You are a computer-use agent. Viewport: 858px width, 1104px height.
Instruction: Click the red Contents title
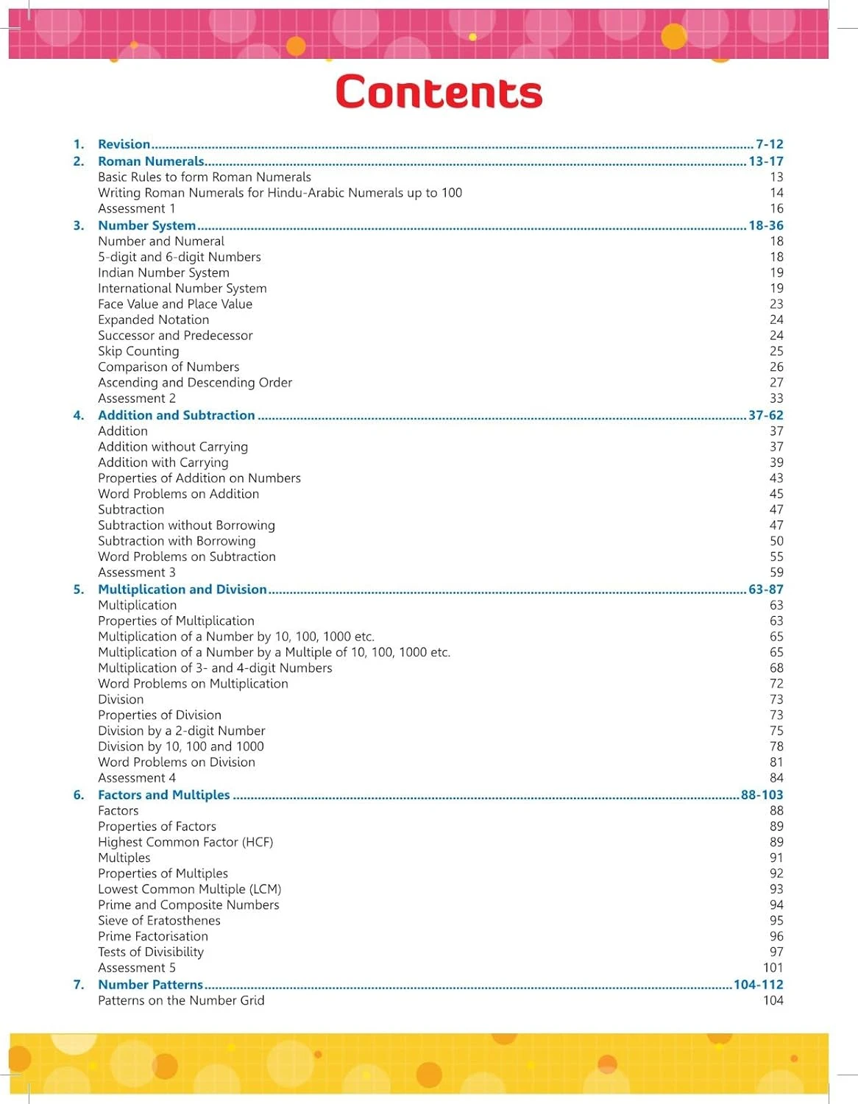pos(439,92)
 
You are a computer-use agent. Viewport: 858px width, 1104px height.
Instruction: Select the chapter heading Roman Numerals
pos(151,161)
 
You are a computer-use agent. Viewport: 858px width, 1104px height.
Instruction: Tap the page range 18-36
pos(765,225)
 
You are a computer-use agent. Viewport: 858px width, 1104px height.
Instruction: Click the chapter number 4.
pos(78,415)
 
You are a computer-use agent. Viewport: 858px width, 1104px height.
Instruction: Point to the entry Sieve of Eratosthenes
pos(159,921)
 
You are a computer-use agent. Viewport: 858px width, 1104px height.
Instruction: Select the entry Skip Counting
pos(138,351)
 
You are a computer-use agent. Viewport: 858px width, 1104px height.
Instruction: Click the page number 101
pos(773,968)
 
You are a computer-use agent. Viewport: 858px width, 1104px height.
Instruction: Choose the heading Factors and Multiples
pos(164,795)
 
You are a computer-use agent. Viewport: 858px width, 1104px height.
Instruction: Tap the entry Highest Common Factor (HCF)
pos(185,842)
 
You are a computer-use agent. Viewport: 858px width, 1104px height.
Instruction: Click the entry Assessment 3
pos(137,573)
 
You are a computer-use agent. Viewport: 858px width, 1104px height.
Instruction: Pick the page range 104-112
pos(758,985)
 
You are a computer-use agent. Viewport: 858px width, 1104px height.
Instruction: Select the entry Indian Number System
pos(163,272)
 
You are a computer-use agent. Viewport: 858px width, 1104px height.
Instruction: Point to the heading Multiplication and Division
pos(182,590)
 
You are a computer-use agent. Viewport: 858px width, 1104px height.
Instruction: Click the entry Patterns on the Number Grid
pos(181,1000)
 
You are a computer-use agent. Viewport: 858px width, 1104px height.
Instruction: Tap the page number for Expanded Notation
pos(776,319)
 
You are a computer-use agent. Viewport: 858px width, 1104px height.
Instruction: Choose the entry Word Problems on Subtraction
pos(187,556)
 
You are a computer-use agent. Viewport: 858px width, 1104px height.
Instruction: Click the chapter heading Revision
pos(124,144)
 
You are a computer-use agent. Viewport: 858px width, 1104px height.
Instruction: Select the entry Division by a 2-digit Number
pos(182,731)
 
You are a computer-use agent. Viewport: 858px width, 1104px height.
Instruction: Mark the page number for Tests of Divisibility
pos(776,952)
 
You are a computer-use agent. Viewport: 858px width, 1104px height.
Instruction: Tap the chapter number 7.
pos(78,985)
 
